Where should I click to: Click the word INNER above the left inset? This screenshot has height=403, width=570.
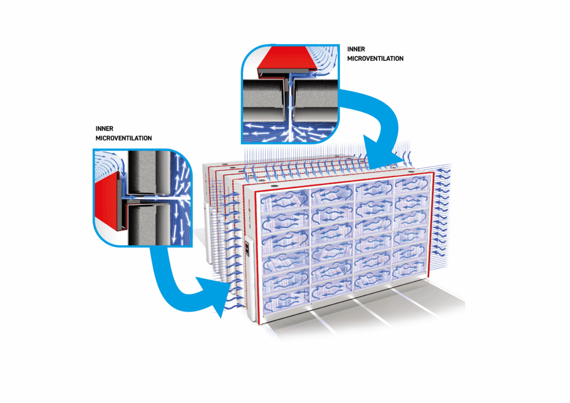[x=105, y=129]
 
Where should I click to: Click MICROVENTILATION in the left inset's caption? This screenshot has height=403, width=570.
[x=123, y=138]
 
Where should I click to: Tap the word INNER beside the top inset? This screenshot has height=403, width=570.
[x=356, y=49]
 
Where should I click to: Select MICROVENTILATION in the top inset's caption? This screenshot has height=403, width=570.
[x=375, y=59]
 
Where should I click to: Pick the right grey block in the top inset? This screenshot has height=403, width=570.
[x=315, y=100]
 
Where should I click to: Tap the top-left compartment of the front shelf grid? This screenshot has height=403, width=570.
[x=284, y=200]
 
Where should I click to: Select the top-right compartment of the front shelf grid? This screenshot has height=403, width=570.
[x=412, y=185]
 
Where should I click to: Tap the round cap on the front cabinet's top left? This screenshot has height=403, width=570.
[x=273, y=185]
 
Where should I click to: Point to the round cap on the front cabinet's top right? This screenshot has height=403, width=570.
[x=411, y=172]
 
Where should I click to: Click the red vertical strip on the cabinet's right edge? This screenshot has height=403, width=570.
[x=431, y=225]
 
